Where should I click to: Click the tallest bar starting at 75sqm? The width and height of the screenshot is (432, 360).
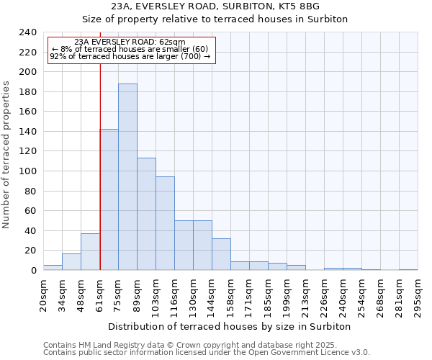[x=127, y=177]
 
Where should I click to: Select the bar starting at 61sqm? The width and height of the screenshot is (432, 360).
[x=109, y=199]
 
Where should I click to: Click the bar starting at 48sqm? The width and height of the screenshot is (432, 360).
[x=90, y=252]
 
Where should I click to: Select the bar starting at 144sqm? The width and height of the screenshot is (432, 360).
[x=221, y=254]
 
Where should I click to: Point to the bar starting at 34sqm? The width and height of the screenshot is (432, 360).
[x=71, y=262]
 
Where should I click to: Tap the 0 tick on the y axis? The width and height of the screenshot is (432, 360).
[x=33, y=271]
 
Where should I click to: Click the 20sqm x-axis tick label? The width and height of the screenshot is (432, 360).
[x=43, y=292]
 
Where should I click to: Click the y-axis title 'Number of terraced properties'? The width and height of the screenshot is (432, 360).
[x=7, y=155]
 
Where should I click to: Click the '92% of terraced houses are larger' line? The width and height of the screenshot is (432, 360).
[x=130, y=57]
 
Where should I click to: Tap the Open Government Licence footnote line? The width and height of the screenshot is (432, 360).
[x=207, y=352]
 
